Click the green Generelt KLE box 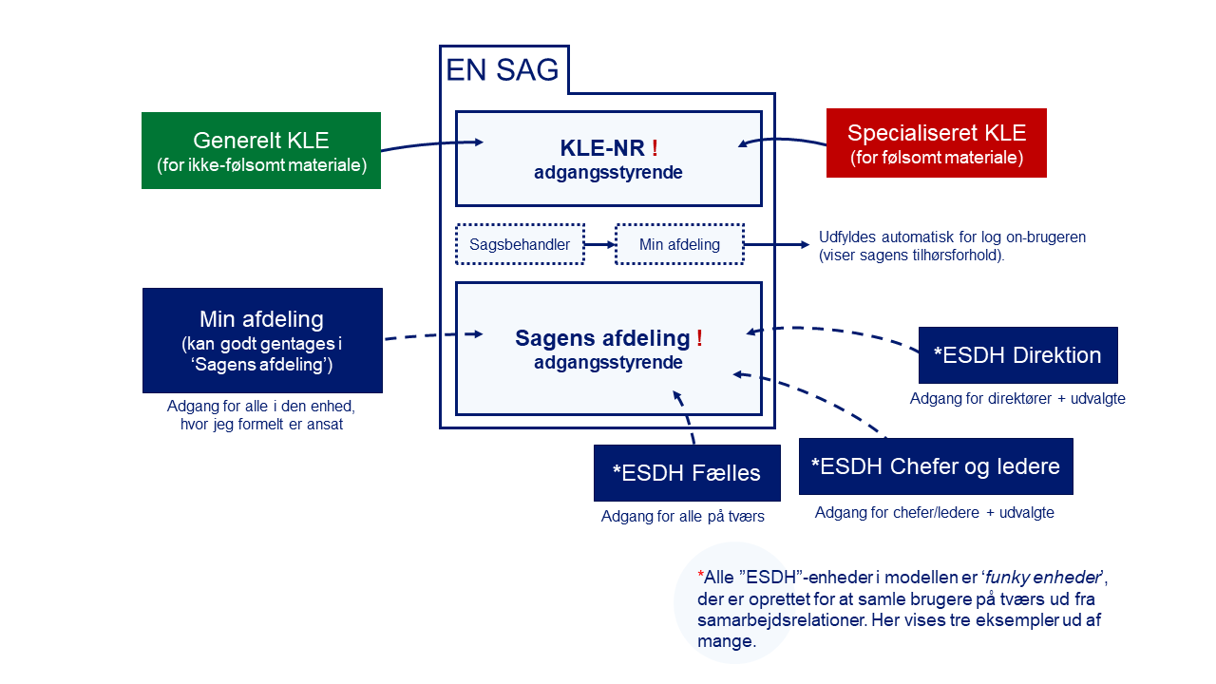click(261, 150)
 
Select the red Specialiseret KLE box click(937, 142)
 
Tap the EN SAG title click(503, 70)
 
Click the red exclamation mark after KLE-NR click(655, 147)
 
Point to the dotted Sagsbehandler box click(520, 244)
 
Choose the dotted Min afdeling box click(679, 244)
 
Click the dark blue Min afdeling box click(263, 340)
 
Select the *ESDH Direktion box click(1017, 355)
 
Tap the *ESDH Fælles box click(687, 473)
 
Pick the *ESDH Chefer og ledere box click(936, 466)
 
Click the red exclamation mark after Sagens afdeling click(700, 337)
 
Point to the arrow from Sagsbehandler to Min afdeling click(599, 245)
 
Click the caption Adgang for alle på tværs click(682, 516)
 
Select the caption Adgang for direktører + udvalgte click(1017, 398)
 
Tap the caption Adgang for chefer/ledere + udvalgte click(934, 512)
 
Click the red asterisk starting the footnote click(701, 575)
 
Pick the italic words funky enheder click(1043, 577)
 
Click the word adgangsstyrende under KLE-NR click(608, 173)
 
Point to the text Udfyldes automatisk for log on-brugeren click(952, 237)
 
